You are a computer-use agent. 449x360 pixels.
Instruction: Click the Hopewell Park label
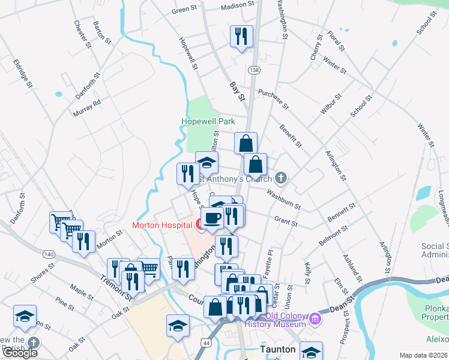(x=208, y=121)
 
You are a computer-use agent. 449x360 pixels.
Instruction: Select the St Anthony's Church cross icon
(x=281, y=178)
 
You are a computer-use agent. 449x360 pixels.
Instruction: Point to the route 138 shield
(x=255, y=70)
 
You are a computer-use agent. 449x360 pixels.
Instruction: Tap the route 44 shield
(x=207, y=341)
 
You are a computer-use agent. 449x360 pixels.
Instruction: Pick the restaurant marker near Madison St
(x=241, y=37)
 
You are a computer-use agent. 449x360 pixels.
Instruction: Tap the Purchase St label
(x=274, y=99)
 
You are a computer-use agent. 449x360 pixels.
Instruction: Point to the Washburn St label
(x=283, y=199)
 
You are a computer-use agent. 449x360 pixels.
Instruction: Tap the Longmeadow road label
(x=442, y=205)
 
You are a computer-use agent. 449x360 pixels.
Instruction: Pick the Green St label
(x=185, y=10)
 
